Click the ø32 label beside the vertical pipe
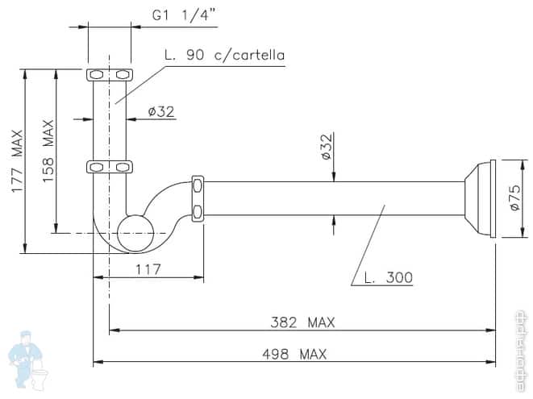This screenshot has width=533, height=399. [x=161, y=111]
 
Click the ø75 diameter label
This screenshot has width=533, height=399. [x=517, y=197]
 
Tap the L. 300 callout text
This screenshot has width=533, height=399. [x=388, y=277]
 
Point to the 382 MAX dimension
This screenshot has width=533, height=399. [x=302, y=322]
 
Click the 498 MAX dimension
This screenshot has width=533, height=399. [x=294, y=353]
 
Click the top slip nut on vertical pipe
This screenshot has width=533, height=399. [x=109, y=75]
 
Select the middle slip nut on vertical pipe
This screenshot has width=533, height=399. [x=109, y=167]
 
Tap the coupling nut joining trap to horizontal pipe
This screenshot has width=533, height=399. [x=198, y=197]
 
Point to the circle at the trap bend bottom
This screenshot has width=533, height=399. [x=135, y=234]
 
